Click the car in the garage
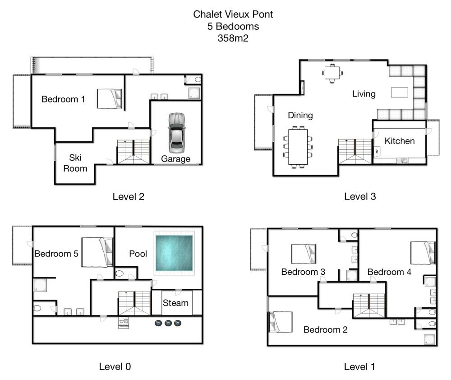pyautogui.click(x=176, y=133)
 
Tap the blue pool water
pyautogui.click(x=174, y=253)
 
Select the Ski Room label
pyautogui.click(x=75, y=163)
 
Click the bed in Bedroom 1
pyautogui.click(x=110, y=98)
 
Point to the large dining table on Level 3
pyautogui.click(x=298, y=147)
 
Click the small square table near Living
pyautogui.click(x=332, y=73)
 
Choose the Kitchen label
pyautogui.click(x=400, y=141)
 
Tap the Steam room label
pyautogui.click(x=175, y=303)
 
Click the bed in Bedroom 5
pyautogui.click(x=97, y=252)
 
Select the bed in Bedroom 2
pyautogui.click(x=280, y=322)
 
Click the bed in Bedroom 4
pyautogui.click(x=423, y=253)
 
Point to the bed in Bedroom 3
pyautogui.click(x=304, y=254)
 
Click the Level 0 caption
pyautogui.click(x=115, y=366)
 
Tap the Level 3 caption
pyautogui.click(x=360, y=196)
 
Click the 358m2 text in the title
pyautogui.click(x=233, y=38)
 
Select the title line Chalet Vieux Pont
pyautogui.click(x=233, y=14)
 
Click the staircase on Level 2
pyautogui.click(x=134, y=152)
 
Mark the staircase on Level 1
pyautogui.click(x=369, y=306)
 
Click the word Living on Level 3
pyautogui.click(x=364, y=94)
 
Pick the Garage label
pyautogui.click(x=176, y=159)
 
